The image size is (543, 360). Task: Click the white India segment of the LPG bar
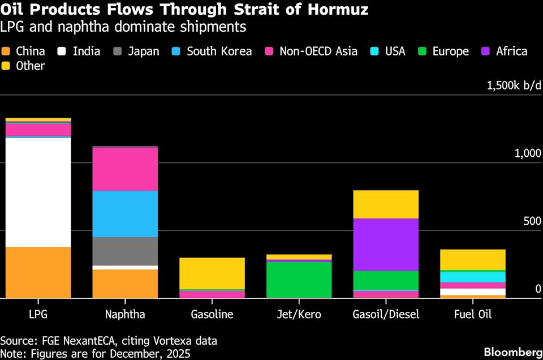tap(38, 192)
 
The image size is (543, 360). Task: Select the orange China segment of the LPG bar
tap(38, 272)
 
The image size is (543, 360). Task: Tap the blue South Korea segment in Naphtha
tap(125, 213)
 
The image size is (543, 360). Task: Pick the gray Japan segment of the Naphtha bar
tap(125, 251)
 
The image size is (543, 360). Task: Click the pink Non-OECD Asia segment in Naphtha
tap(125, 169)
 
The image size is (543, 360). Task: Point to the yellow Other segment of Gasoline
tap(212, 273)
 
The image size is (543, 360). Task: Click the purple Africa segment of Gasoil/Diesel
tap(386, 245)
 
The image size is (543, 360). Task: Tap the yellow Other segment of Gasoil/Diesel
tap(386, 204)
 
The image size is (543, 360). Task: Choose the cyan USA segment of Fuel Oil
tap(473, 277)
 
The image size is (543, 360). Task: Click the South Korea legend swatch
tap(177, 52)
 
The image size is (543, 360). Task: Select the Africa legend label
tap(511, 52)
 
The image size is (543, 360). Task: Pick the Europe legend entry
tap(445, 52)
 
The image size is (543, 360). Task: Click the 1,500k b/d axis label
tap(510, 86)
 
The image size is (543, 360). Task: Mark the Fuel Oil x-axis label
tap(473, 315)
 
